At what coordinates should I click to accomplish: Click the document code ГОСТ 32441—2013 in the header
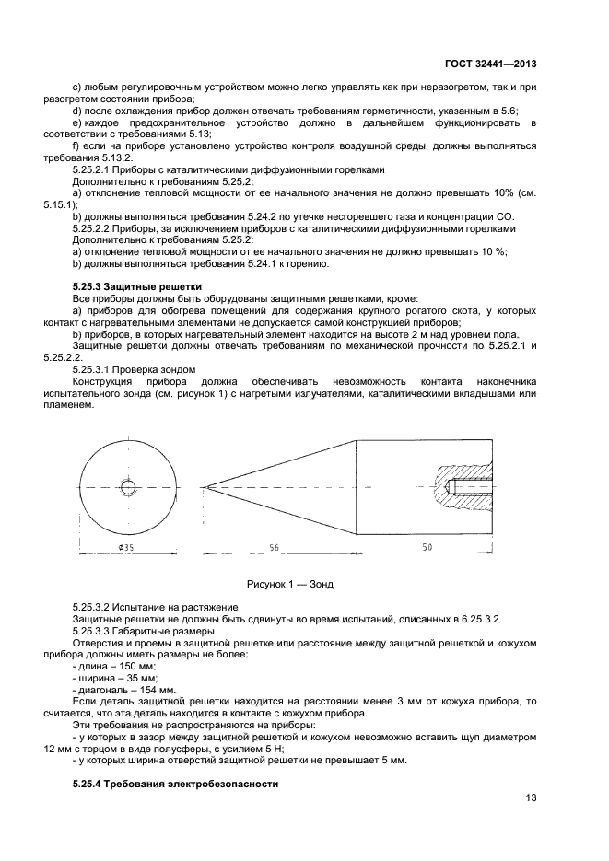point(493,64)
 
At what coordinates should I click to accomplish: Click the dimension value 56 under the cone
point(274,547)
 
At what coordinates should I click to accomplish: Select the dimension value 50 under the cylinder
point(427,547)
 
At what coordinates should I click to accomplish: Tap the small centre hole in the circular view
point(123,487)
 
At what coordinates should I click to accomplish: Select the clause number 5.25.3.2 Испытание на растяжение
point(92,607)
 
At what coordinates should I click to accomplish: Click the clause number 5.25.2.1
point(92,169)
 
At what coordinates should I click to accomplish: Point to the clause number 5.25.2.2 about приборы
point(92,227)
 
